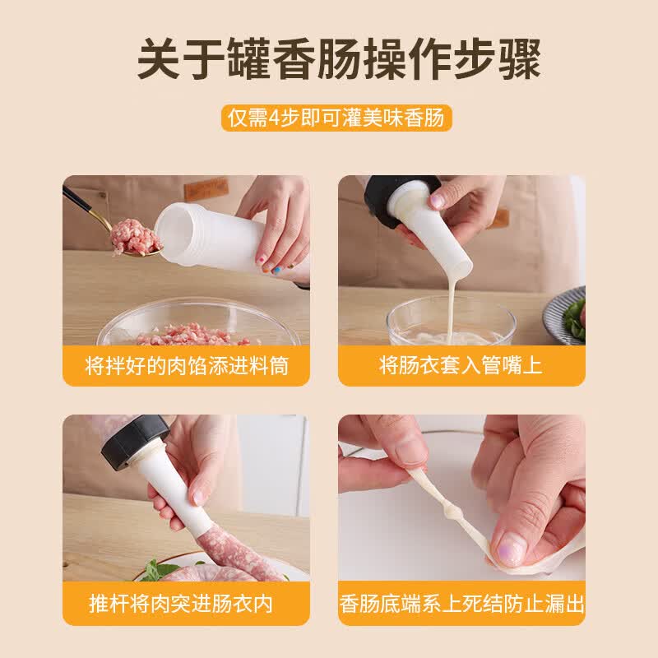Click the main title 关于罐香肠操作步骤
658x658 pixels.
point(339,59)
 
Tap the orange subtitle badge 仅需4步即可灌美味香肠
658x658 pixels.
point(336,118)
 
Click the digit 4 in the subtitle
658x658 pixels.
point(274,118)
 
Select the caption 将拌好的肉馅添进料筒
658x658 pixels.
point(187,365)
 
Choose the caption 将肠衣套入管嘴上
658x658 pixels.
point(461,365)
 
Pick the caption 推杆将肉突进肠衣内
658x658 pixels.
point(181,604)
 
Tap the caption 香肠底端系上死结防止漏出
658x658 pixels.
point(461,604)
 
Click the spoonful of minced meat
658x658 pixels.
point(135,237)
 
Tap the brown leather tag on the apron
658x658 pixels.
point(206,189)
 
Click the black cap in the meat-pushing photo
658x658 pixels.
point(133,441)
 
